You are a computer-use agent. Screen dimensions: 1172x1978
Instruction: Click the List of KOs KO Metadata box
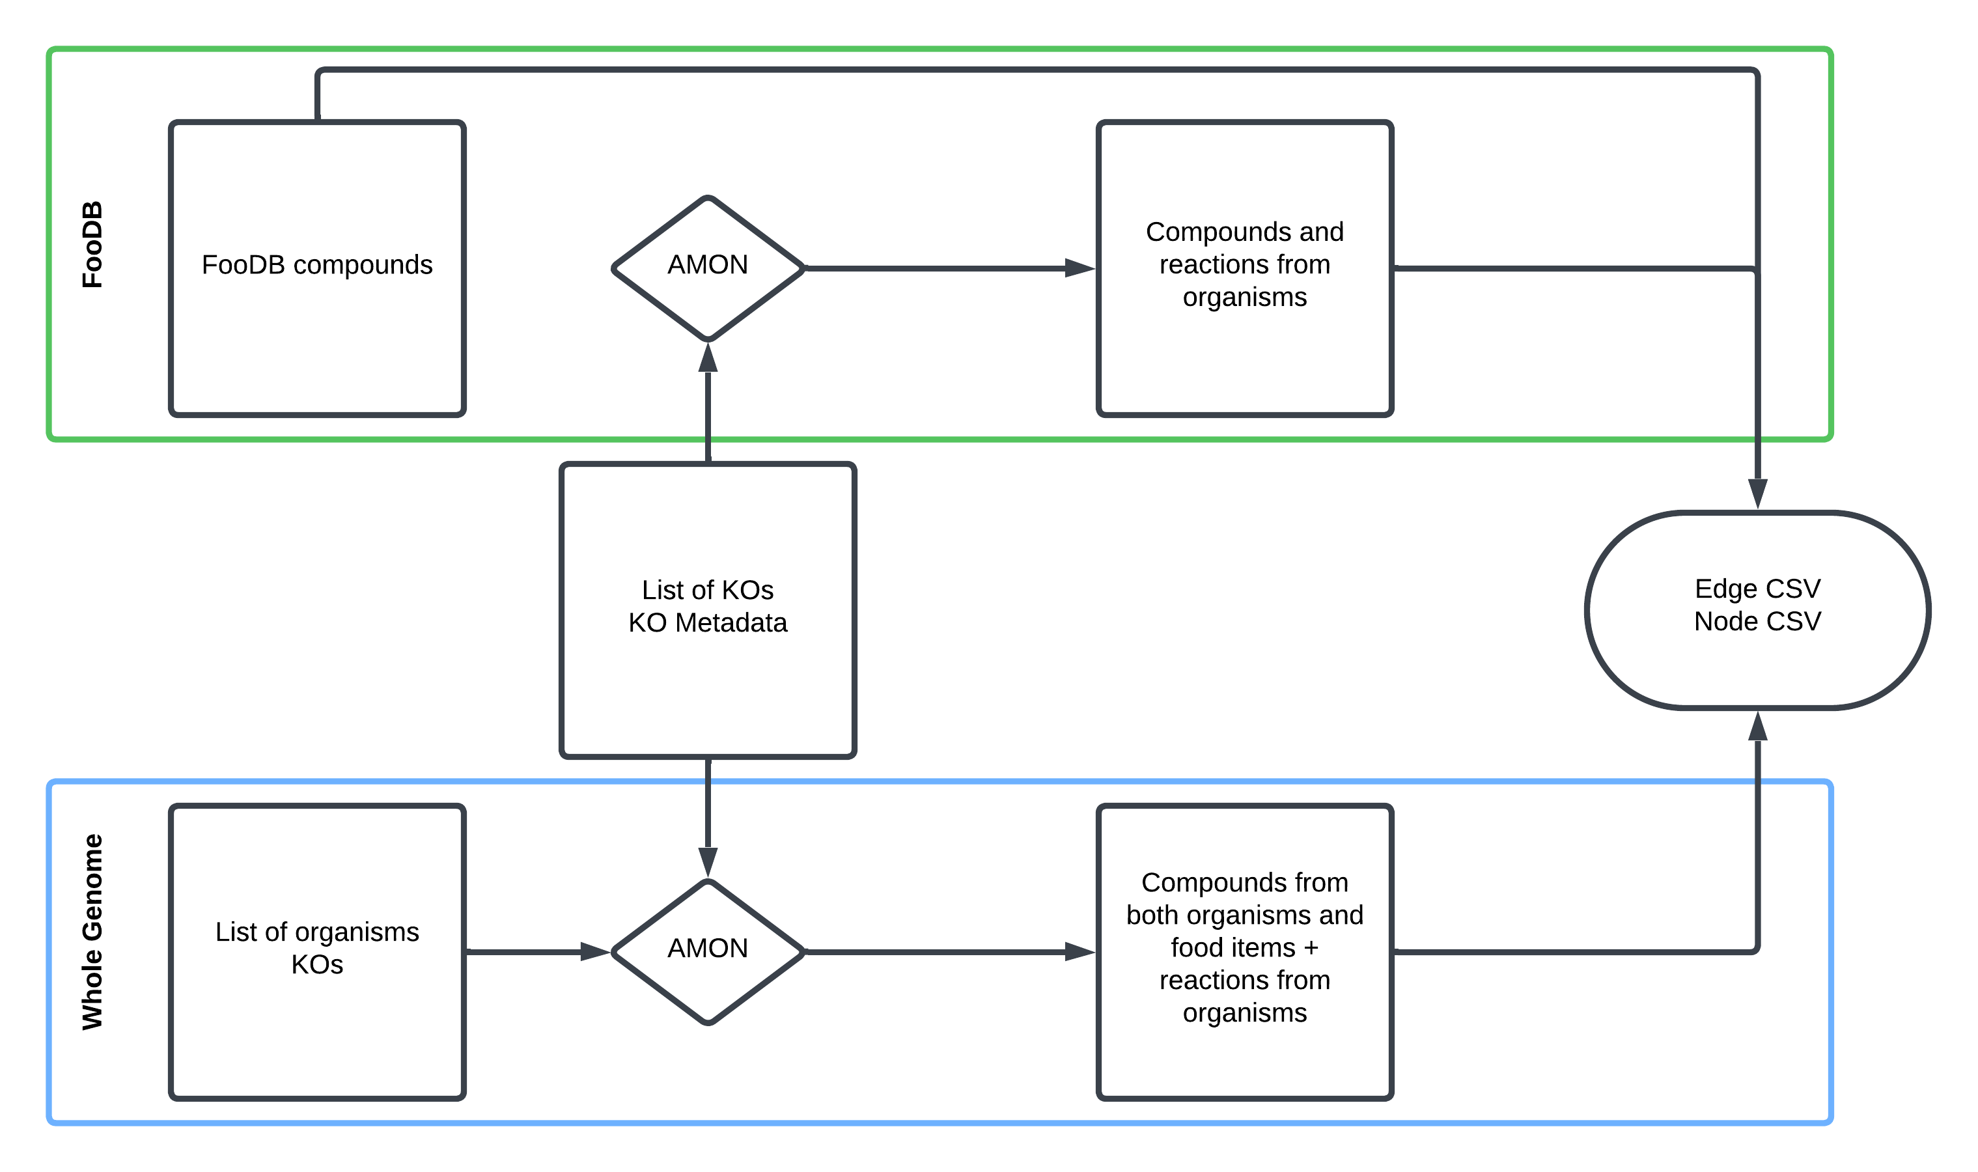(708, 679)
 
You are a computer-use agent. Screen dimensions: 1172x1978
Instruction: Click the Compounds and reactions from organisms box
(1244, 348)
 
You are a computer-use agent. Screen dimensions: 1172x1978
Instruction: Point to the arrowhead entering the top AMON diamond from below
(708, 357)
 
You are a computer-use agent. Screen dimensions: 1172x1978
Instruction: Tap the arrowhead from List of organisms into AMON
(594, 952)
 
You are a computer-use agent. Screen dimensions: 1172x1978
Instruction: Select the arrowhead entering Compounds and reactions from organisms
(1080, 268)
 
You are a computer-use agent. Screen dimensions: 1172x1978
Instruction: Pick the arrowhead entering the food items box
(1080, 952)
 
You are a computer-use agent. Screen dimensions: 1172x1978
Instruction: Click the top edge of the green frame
(947, 49)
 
